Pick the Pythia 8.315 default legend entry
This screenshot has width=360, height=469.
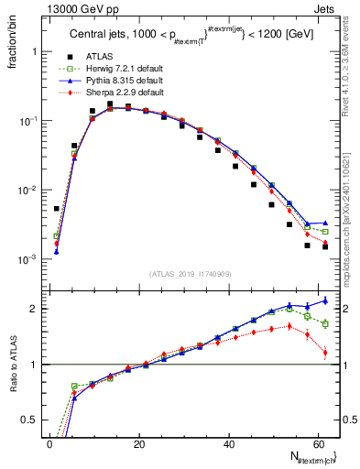coord(123,82)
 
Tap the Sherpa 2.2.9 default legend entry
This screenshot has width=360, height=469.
coord(123,93)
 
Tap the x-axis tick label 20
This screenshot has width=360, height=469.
coord(139,444)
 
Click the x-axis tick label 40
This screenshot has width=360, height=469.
coord(229,444)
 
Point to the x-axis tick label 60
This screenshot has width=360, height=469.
coord(319,444)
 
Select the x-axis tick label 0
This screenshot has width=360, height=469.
coord(49,444)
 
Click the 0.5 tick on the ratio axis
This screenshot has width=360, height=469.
coord(32,420)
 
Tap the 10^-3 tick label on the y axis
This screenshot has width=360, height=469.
coord(27,260)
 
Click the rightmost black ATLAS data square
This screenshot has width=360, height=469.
coord(325,246)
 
